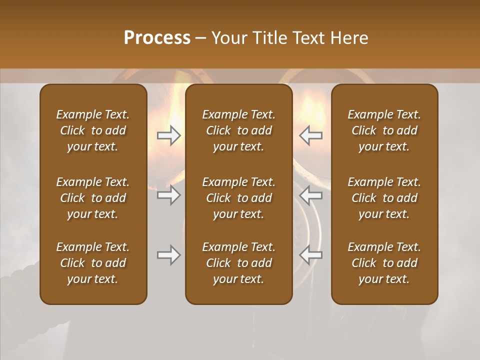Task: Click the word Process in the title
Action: coord(157,37)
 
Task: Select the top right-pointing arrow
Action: coord(168,135)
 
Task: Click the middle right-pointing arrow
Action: coord(168,195)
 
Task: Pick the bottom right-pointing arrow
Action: coord(168,255)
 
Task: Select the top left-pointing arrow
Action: coord(310,135)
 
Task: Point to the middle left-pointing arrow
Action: coord(310,195)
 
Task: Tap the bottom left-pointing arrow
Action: coord(310,255)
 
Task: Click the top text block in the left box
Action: coord(93,130)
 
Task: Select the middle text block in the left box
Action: coord(93,198)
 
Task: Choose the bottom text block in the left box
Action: coord(93,263)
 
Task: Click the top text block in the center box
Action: coord(238,130)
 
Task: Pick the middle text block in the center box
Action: coord(238,198)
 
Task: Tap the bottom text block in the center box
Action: coord(238,263)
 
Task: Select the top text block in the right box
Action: coord(384,130)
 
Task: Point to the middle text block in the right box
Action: coord(384,198)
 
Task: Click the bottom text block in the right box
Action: coord(384,263)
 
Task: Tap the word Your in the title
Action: coord(227,37)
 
